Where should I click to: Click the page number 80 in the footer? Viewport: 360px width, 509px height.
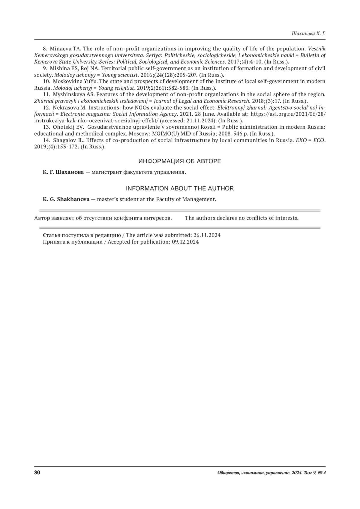37,473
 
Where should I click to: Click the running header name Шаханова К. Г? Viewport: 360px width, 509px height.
308,34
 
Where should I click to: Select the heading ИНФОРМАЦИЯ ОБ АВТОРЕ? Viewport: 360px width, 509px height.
179,161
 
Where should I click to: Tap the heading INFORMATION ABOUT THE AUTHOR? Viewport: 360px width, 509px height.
179,188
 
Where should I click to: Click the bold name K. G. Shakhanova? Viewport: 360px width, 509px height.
66,199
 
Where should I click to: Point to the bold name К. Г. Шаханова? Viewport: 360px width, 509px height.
63,172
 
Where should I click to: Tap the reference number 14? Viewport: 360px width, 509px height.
46,140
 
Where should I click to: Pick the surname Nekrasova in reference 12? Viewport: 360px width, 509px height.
64,107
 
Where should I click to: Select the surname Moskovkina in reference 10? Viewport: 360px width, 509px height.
66,81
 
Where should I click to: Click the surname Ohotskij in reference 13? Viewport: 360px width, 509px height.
62,127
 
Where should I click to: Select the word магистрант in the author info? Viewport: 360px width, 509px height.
106,172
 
